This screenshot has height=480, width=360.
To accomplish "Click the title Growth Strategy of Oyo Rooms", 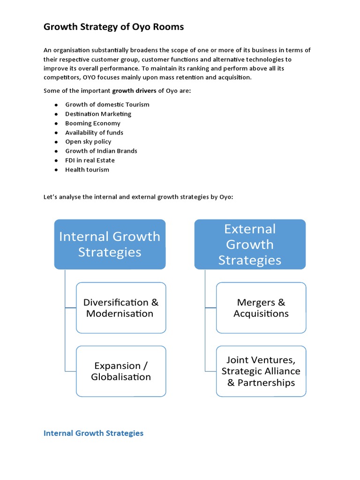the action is coord(113,27).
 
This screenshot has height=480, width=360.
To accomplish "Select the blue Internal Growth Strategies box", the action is coord(110,244).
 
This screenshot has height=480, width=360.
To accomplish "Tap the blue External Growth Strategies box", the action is coord(250,244).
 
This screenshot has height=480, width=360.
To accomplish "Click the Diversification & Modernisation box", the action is coord(121,308).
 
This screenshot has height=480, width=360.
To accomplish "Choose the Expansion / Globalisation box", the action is coord(121,371).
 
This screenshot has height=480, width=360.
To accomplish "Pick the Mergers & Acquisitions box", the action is coord(261,308).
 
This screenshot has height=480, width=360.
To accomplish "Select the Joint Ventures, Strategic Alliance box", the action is coord(261,371).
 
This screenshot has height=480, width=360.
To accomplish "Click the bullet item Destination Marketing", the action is coord(98,114).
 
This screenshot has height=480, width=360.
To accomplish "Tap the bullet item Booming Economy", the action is coord(93,123).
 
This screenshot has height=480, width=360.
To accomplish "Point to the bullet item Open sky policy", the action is coord(88,142).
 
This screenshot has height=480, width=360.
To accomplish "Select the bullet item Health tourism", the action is coord(87,170).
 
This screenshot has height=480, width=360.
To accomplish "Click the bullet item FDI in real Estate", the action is coord(90,160).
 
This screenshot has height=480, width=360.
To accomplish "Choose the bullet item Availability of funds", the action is coord(94,133).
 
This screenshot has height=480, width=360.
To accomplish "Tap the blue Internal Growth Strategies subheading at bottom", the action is coord(93,433).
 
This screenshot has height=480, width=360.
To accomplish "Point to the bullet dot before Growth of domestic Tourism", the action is coord(55,105).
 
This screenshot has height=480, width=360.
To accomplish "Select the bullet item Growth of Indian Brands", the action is coord(101,151).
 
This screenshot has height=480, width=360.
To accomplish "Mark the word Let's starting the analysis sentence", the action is coord(50,197).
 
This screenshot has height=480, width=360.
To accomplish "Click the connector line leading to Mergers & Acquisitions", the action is coord(210,308).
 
